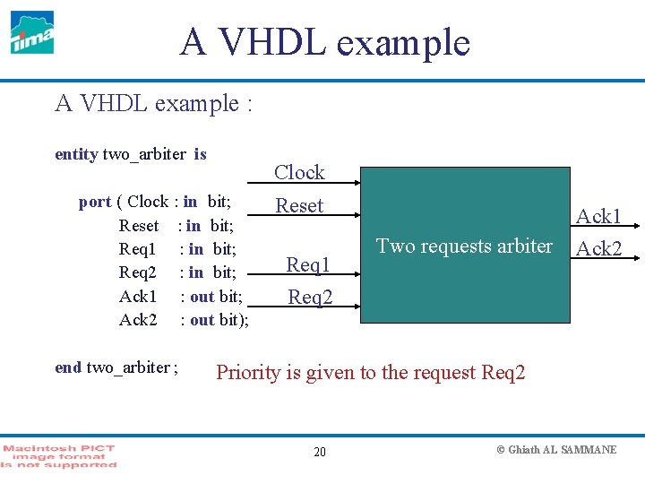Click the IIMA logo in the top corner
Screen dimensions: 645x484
coord(32,32)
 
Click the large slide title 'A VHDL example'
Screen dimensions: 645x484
coord(324,42)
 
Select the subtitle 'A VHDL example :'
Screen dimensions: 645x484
coord(153,104)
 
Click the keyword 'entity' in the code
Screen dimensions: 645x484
coord(76,154)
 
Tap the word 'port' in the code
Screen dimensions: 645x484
coord(95,202)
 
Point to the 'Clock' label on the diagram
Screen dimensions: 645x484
coord(299,172)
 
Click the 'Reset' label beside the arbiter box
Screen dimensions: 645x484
coord(299,205)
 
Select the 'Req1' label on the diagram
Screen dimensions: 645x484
coord(308,264)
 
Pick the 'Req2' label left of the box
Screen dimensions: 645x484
coord(310,297)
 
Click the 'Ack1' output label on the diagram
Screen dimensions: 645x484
coord(598,216)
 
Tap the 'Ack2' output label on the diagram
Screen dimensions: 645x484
coord(598,248)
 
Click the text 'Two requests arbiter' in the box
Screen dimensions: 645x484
coord(464,246)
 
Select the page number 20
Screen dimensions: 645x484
coord(320,452)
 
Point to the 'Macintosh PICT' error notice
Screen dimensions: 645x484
coord(59,455)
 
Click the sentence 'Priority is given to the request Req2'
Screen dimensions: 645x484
coord(371,372)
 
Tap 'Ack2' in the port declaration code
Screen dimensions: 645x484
coord(138,319)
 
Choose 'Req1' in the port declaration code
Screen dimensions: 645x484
coord(138,249)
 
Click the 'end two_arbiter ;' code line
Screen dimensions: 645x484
coord(116,367)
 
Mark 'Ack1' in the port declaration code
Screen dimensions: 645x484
coord(138,296)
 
